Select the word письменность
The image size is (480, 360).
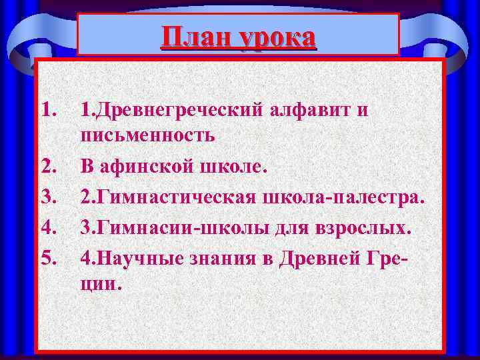(147, 137)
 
